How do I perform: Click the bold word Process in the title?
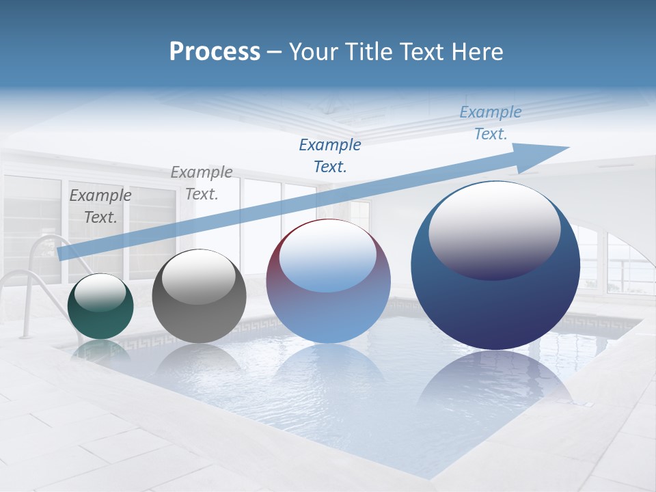pos(215,51)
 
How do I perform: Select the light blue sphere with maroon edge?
pos(328,307)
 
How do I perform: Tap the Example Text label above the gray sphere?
pos(201,183)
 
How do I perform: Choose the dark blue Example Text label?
pos(330,155)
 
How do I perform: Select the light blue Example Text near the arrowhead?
pos(491,123)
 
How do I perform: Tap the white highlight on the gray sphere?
pos(199,273)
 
